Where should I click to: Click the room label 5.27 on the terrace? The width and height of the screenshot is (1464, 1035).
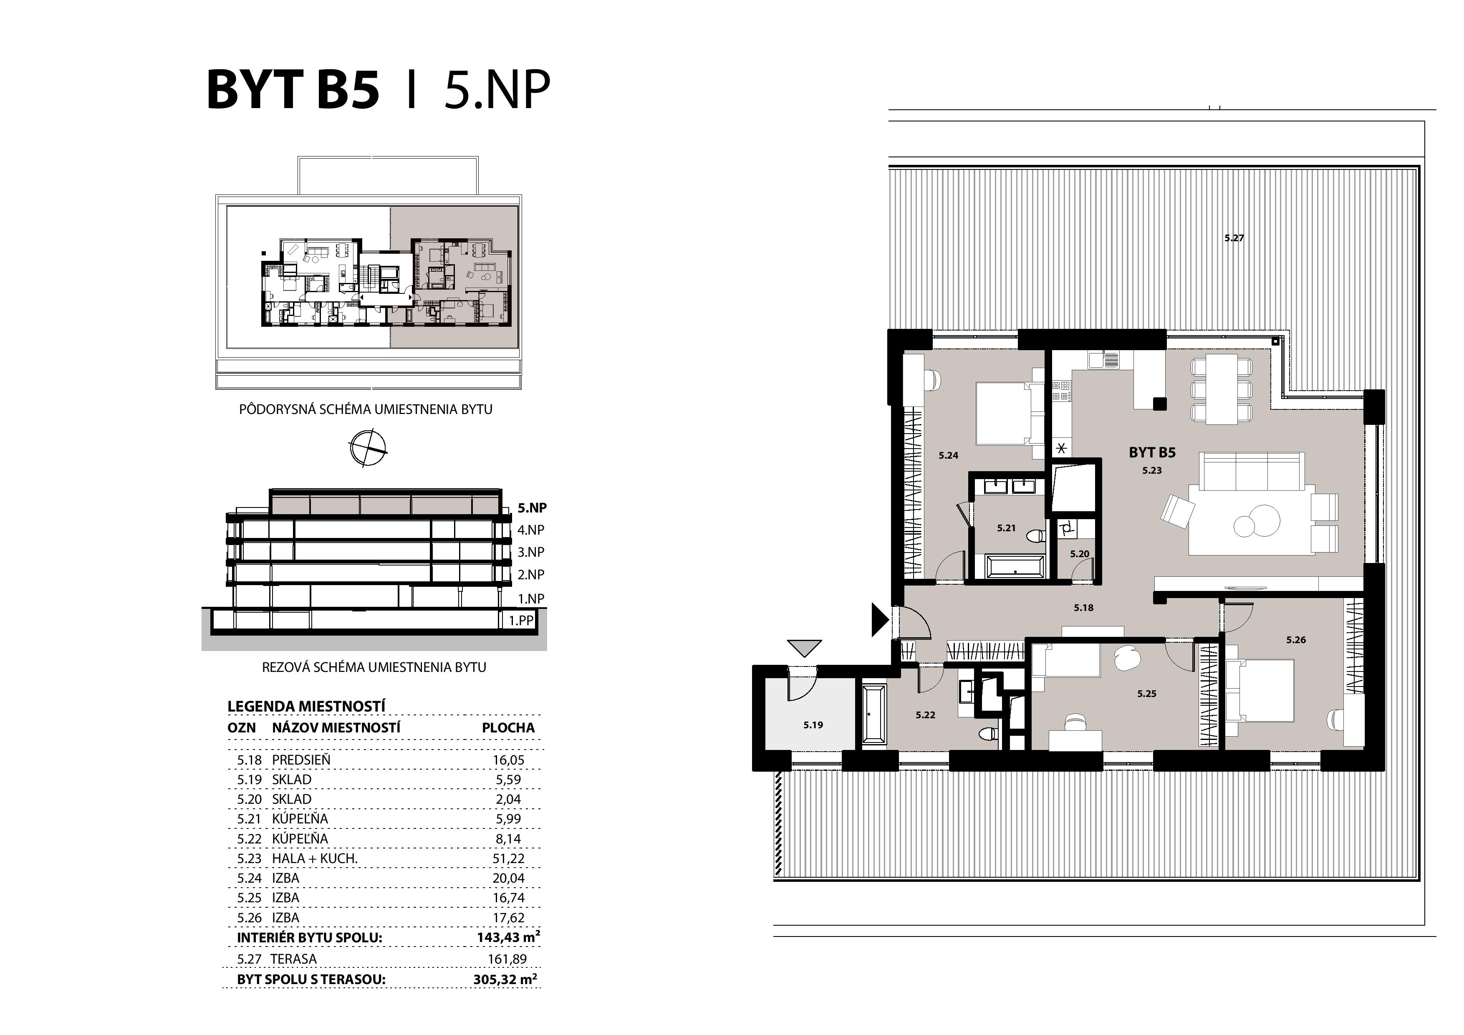coord(1234,238)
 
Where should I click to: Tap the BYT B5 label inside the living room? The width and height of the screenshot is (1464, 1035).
coord(1151,453)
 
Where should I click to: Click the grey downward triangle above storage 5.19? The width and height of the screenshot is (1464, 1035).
coord(804,649)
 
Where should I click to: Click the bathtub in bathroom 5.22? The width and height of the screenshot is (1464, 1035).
coord(873,714)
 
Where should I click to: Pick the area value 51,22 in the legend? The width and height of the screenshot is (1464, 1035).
coord(508,858)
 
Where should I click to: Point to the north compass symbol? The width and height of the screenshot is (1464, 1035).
coord(368,448)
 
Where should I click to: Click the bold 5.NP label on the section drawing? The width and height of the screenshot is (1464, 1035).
coord(532,508)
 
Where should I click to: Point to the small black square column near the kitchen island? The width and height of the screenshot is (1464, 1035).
coord(1159,403)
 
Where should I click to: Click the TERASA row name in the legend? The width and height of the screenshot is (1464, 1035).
coord(293,959)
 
